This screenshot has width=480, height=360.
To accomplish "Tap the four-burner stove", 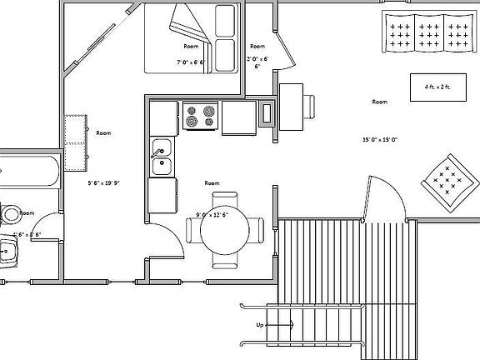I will tap(200, 116).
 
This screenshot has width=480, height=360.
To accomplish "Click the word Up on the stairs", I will tap(260, 323).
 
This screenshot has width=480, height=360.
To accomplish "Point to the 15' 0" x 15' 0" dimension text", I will tap(379, 139).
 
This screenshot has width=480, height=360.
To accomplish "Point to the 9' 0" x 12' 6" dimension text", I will tap(212, 214).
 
